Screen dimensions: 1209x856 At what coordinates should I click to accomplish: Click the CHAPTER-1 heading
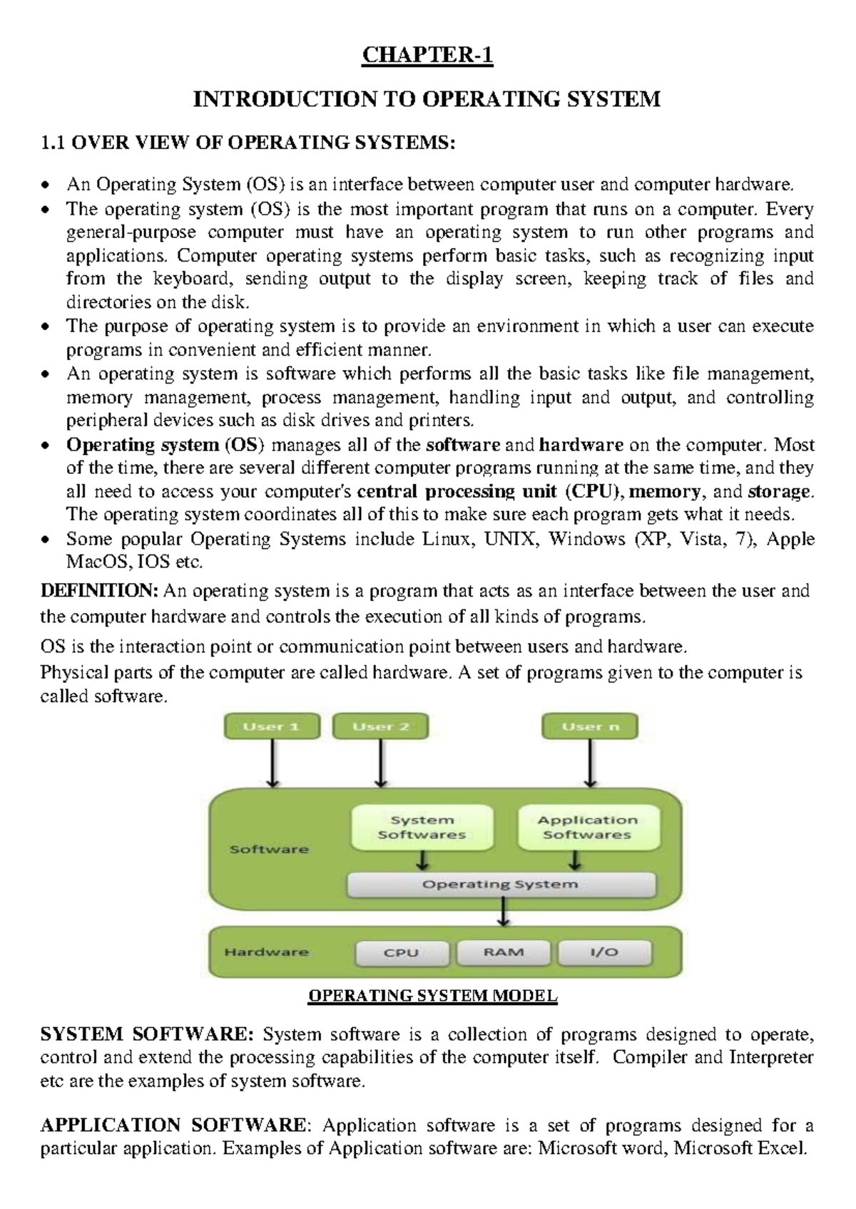click(x=427, y=55)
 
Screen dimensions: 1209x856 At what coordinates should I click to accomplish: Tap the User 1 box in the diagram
click(x=272, y=727)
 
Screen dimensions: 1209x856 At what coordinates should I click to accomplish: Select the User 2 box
click(x=381, y=727)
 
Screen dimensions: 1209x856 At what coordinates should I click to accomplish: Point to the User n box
click(x=590, y=727)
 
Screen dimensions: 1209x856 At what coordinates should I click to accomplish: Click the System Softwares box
click(x=422, y=828)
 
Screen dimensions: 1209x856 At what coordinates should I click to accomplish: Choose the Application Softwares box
click(x=588, y=828)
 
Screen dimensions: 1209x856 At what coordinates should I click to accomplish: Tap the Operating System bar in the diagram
click(x=500, y=885)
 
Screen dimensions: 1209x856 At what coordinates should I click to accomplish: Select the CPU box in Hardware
click(x=402, y=953)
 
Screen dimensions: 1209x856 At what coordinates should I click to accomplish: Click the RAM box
click(x=504, y=952)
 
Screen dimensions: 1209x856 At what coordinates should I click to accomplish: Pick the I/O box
click(x=604, y=952)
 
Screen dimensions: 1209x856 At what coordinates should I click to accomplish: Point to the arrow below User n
click(x=590, y=763)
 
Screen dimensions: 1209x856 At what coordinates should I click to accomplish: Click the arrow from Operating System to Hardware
click(x=504, y=912)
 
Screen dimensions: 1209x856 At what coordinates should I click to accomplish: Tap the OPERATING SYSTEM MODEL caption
click(x=432, y=996)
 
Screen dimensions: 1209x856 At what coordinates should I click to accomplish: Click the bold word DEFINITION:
click(x=99, y=591)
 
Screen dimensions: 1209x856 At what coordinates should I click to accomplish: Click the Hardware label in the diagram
click(x=266, y=952)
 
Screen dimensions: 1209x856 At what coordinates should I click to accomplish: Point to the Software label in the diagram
click(x=269, y=850)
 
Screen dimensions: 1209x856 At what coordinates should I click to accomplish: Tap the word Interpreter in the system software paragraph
click(x=770, y=1057)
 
